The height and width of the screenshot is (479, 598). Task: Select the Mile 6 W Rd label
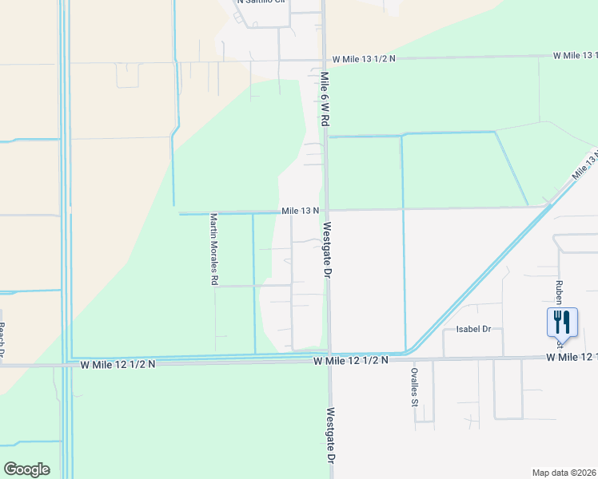[325, 99]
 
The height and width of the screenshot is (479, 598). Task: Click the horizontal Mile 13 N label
[300, 211]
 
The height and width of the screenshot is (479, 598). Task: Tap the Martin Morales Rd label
[213, 249]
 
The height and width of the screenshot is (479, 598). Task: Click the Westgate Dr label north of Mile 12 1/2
[326, 249]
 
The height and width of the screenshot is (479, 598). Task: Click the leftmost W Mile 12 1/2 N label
[118, 364]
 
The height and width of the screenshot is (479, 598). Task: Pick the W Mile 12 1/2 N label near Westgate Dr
[350, 361]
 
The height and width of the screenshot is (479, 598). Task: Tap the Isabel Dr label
[472, 329]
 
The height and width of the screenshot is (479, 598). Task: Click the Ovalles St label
[415, 387]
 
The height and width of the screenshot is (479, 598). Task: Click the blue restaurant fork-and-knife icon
[560, 323]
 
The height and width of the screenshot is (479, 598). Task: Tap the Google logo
[26, 469]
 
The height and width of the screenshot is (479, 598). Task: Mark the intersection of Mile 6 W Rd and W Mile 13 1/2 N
[325, 58]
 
